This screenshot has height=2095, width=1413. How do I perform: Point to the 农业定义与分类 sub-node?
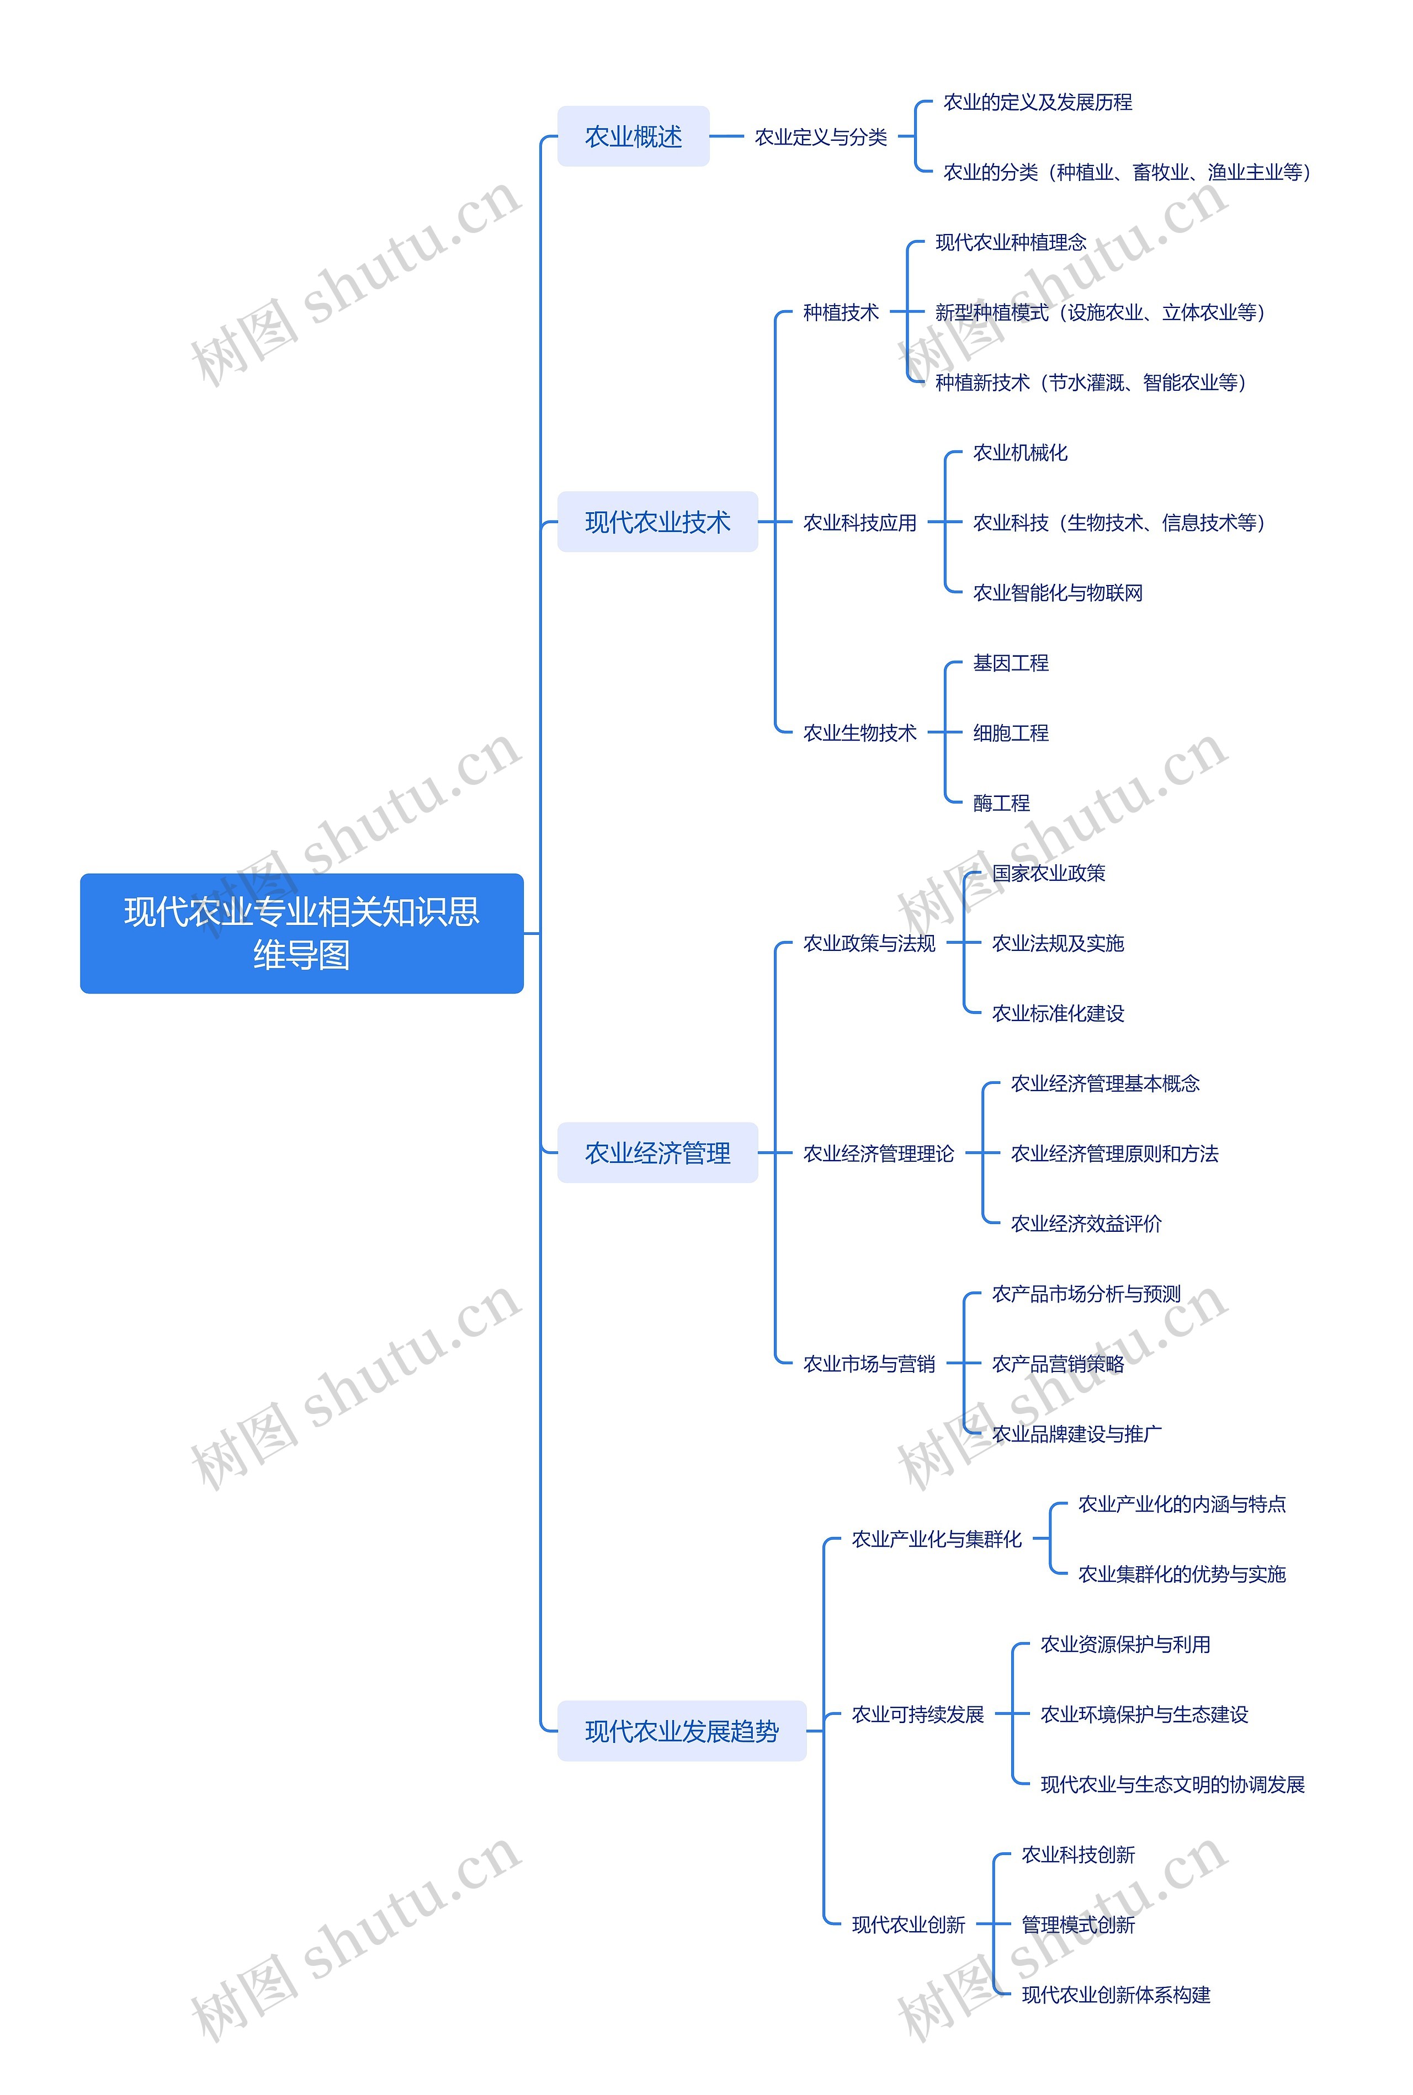[820, 137]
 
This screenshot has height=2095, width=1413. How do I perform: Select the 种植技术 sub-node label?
[840, 313]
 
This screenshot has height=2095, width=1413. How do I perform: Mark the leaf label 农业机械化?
[1019, 453]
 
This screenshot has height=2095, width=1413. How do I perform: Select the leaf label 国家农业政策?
[1048, 873]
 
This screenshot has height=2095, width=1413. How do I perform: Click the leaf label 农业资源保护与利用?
[1125, 1645]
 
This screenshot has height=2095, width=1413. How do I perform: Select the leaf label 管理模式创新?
[1078, 1924]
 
